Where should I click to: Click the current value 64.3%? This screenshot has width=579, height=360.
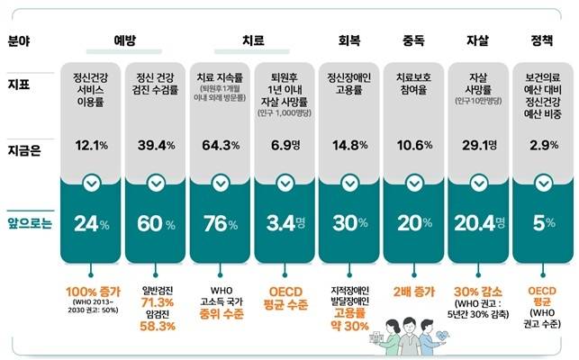click(x=220, y=146)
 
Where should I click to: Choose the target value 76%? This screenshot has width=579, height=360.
click(x=220, y=222)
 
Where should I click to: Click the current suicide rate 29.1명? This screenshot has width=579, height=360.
click(x=478, y=146)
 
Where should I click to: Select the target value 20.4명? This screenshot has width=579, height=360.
click(x=478, y=222)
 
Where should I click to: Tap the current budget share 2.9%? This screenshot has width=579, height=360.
click(x=542, y=146)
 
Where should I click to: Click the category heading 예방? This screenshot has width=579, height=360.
click(x=124, y=40)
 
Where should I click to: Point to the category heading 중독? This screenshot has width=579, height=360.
click(x=414, y=40)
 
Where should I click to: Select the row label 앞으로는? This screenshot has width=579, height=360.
click(x=30, y=222)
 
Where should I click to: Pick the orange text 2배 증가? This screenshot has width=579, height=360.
click(x=414, y=291)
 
